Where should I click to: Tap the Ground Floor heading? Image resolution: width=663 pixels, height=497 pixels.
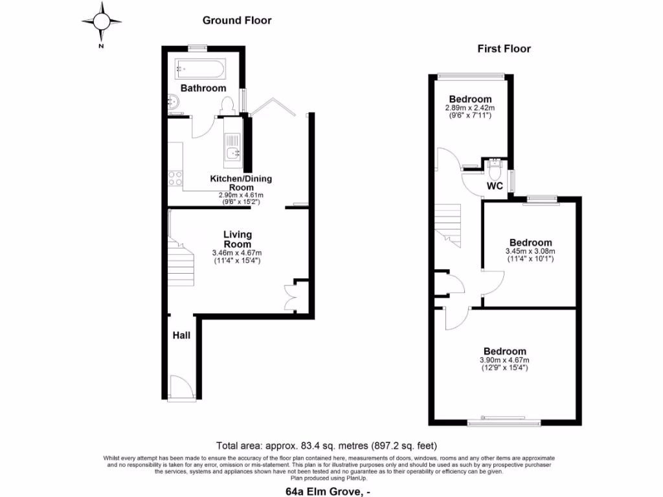click(x=237, y=20)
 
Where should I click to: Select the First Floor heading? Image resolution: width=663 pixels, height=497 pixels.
click(x=504, y=49)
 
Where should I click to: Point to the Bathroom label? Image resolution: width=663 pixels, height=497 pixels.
click(x=203, y=88)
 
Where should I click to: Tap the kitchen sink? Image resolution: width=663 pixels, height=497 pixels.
click(x=232, y=153)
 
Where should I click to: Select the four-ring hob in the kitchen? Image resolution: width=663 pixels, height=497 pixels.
click(x=175, y=177)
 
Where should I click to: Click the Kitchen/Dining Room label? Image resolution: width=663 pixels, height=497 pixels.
click(x=241, y=182)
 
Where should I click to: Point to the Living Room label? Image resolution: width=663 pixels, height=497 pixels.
click(x=238, y=239)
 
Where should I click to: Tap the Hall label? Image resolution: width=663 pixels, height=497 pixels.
click(x=181, y=335)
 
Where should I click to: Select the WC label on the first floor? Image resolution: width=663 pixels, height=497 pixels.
click(x=495, y=186)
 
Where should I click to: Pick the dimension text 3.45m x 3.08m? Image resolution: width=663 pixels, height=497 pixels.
click(x=530, y=251)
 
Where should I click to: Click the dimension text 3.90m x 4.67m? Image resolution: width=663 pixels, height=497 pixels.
click(x=504, y=360)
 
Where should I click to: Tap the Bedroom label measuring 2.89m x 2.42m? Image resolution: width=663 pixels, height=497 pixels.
click(x=469, y=99)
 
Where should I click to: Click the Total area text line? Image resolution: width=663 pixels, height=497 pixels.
click(x=326, y=446)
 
